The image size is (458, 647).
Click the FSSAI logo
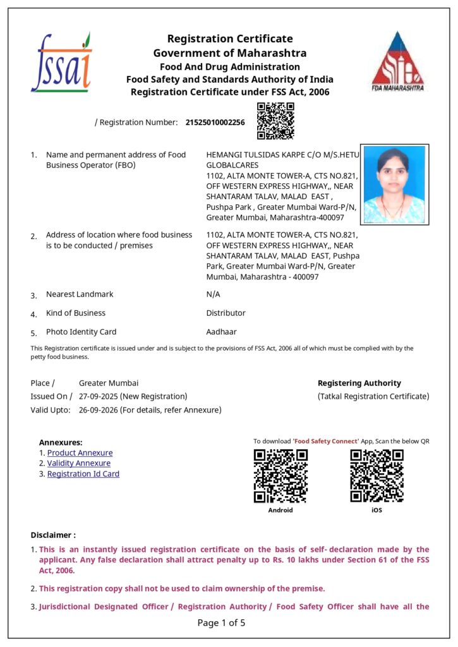coord(61,63)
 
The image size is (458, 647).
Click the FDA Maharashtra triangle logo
coord(397,61)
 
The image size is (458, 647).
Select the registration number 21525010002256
coord(215,122)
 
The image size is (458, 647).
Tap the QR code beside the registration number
coord(275,121)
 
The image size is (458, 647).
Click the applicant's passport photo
coord(394,184)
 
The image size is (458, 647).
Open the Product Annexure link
coord(80,453)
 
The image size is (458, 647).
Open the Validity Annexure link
coord(78,463)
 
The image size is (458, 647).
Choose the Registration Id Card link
coord(83,474)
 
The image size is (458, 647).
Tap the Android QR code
coord(280,476)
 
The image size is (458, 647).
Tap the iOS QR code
coord(377,476)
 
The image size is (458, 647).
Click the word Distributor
coord(226,313)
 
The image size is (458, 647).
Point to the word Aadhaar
coord(221,332)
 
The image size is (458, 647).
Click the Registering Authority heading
coord(359,383)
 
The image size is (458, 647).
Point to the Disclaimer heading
coord(53,535)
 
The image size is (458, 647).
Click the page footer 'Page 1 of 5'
coord(221,623)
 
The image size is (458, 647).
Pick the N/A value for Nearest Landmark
coord(213,294)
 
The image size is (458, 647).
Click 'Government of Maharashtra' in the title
coord(229,52)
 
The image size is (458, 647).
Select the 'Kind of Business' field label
coord(75,313)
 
